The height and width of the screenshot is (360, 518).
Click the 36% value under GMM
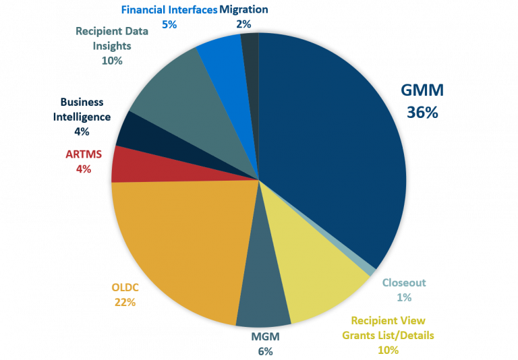coord(422,113)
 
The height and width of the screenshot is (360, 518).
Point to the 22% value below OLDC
coord(125,302)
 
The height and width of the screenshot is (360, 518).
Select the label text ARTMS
coord(84,154)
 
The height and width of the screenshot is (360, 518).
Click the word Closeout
coord(404,283)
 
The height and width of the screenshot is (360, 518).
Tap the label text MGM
coord(264,337)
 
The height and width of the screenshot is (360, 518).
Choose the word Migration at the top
coord(244,9)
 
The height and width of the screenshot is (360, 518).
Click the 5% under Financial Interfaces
coord(169,24)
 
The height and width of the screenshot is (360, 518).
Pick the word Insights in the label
coord(113,47)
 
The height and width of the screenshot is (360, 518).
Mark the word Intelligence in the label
coord(82,116)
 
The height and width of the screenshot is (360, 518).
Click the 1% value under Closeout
coord(404,297)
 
